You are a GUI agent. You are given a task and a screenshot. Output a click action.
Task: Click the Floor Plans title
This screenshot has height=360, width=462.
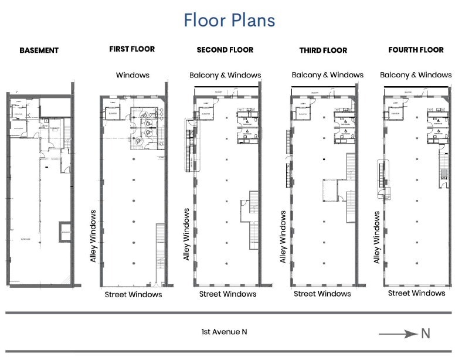pos(229,20)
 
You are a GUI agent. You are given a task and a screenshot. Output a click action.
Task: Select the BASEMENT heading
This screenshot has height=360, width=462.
pos(39,50)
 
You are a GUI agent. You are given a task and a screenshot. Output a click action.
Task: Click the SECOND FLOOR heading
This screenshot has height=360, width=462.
pos(225,50)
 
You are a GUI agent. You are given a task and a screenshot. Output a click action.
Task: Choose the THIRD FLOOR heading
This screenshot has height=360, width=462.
pos(322,50)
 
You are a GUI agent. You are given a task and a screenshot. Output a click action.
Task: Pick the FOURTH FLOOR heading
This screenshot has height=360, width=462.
pos(416,50)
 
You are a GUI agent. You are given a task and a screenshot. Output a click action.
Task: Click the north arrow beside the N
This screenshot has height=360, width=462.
pos(396,334)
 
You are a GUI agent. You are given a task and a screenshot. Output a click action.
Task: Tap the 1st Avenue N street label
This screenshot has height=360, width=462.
pos(224,332)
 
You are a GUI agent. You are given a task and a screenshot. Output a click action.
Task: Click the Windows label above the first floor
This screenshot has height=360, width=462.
pos(133,75)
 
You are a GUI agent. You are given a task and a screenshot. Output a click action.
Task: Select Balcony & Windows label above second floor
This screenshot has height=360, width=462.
pos(225,75)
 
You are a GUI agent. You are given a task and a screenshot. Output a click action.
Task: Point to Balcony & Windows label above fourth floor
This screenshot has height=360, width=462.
pos(416,74)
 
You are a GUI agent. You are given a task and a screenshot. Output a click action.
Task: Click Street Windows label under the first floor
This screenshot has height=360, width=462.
pos(133,294)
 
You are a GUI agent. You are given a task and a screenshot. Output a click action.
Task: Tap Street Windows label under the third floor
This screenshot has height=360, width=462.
pos(322,293)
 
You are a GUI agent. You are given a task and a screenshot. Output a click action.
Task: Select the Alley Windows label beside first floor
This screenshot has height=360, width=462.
pos(93,236)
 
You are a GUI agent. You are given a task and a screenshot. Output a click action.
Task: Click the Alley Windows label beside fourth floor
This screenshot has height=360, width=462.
pos(377,237)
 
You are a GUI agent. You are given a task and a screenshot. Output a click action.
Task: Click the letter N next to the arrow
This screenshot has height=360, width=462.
pos(425,334)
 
